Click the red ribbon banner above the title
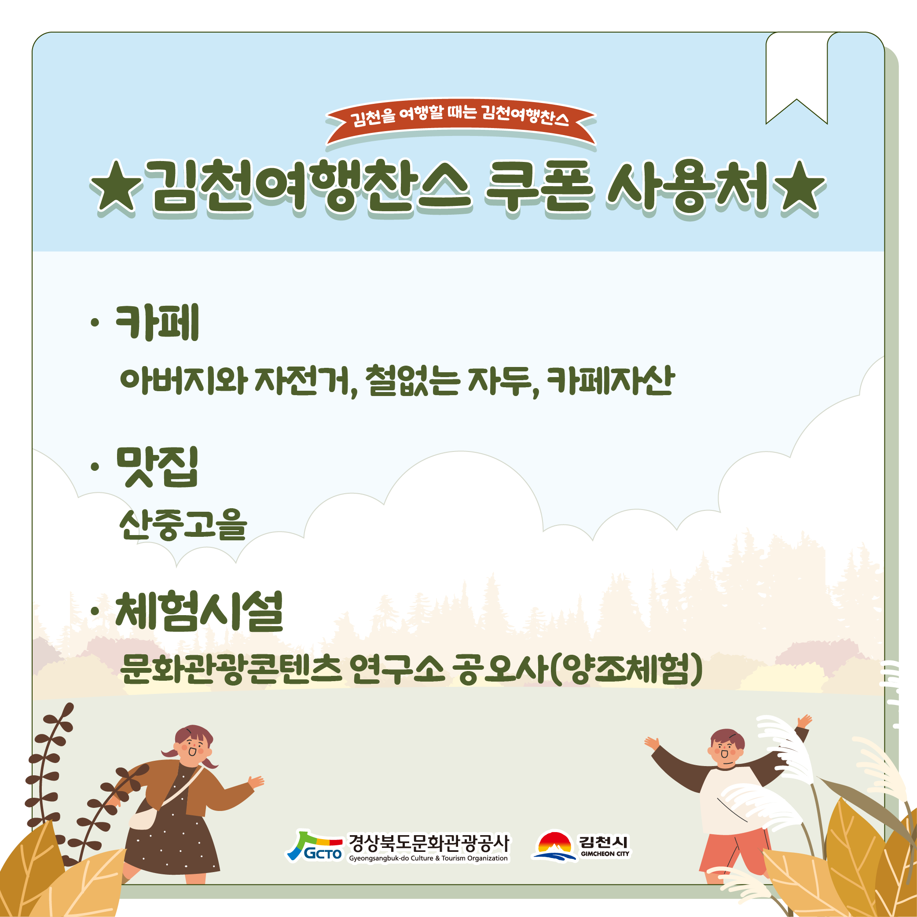[x=460, y=121]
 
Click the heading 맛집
[x=157, y=467]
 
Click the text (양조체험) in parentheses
[x=627, y=669]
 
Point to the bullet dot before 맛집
[x=95, y=467]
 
